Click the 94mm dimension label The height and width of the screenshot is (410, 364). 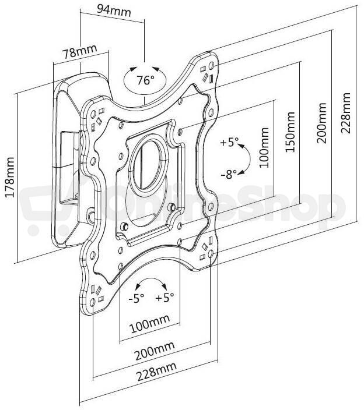point(114,10)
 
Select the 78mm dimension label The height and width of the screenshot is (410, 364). point(79,51)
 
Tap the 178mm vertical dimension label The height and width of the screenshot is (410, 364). point(10,177)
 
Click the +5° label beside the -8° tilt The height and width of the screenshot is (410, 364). point(229,143)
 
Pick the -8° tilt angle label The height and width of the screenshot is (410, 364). point(229,174)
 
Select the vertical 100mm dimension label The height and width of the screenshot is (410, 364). point(264,147)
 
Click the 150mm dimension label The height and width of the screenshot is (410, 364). point(290,132)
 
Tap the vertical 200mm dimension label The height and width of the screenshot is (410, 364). point(322,123)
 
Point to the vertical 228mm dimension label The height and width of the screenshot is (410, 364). point(346,113)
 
